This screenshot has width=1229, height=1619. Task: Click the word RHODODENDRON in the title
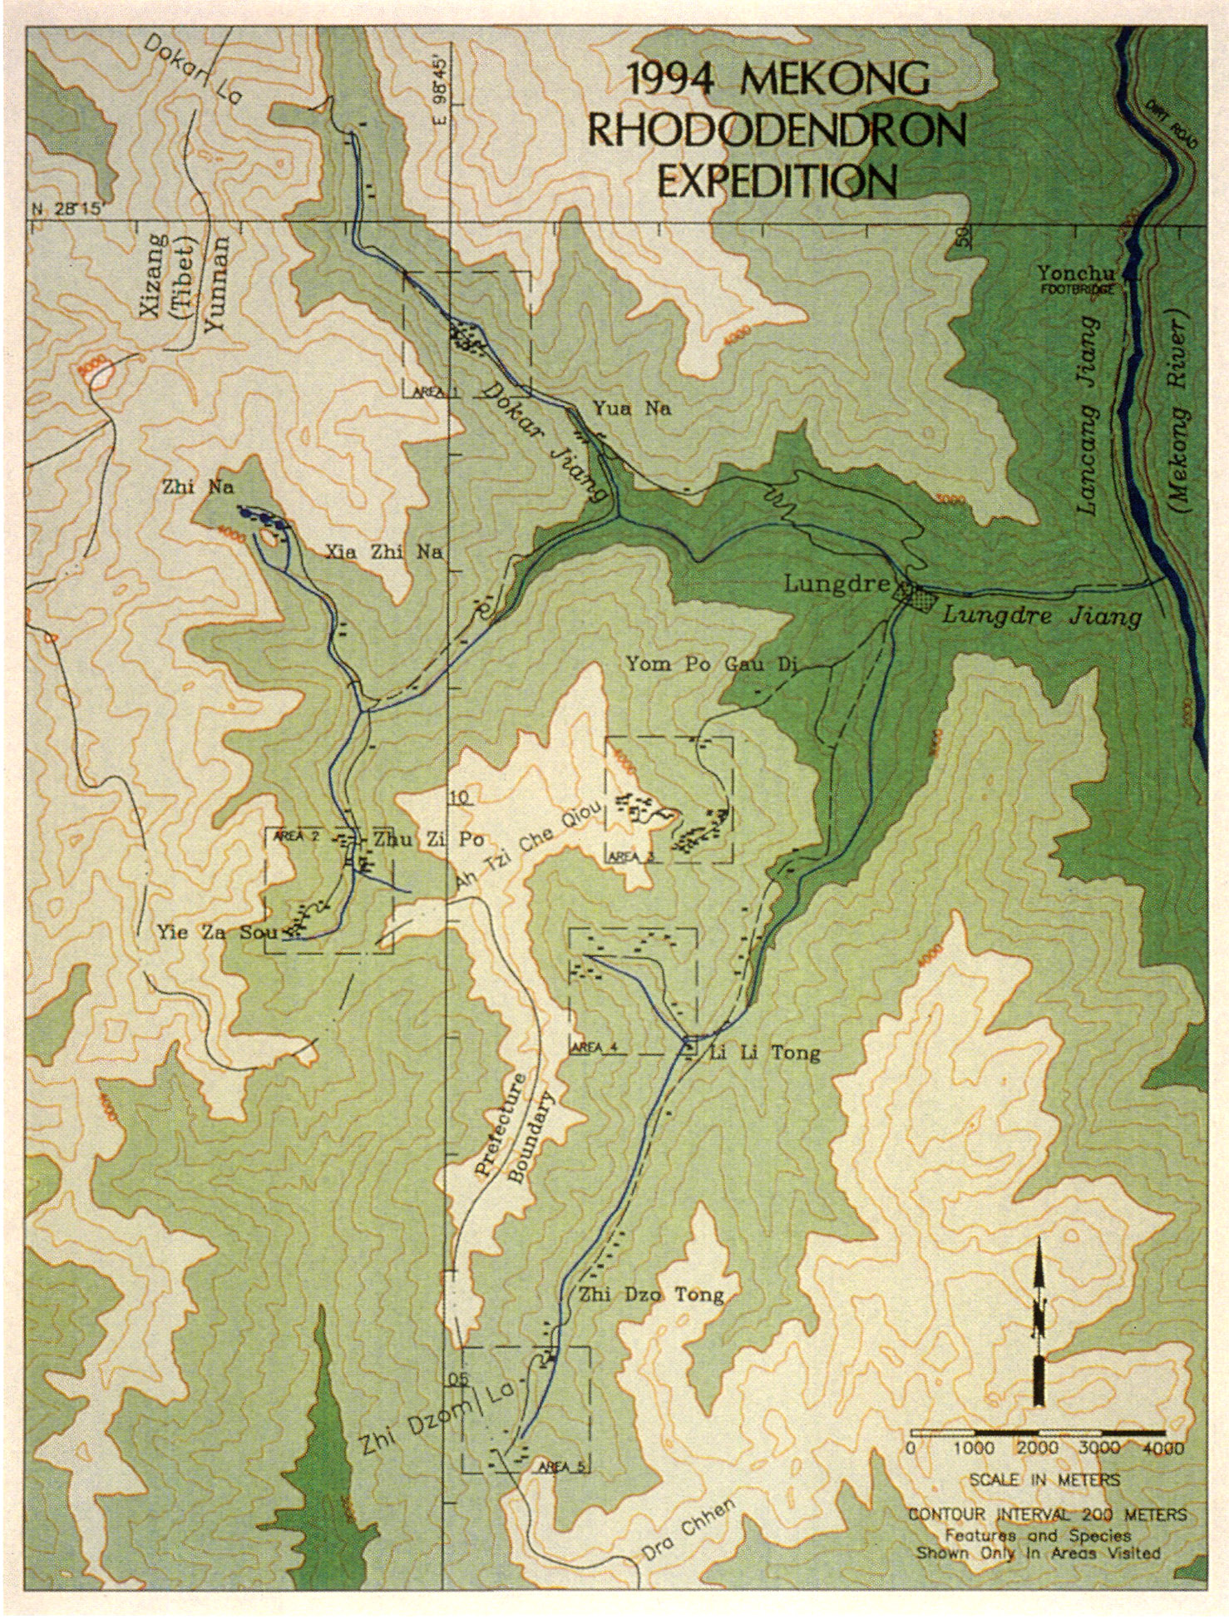tap(777, 130)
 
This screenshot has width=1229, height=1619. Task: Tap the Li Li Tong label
tap(764, 1053)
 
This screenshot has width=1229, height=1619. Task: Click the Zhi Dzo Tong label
tap(651, 1295)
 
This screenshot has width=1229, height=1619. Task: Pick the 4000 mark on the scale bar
tap(1163, 1448)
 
